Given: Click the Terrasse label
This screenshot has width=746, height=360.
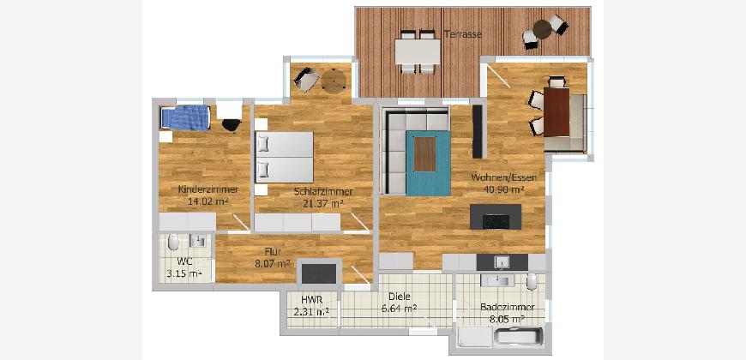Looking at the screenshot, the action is click(463, 35).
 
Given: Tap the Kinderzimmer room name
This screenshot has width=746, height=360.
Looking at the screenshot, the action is click(208, 189).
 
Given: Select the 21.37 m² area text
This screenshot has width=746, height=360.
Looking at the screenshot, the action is click(323, 203).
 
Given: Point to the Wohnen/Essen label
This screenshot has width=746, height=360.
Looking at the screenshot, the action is click(504, 178).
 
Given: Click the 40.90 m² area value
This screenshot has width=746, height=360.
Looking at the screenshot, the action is click(504, 189).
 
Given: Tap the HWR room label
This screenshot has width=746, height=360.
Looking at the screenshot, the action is click(312, 300).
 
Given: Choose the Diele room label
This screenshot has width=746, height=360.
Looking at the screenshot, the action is click(400, 297).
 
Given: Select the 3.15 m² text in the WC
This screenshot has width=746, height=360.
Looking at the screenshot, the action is click(183, 273).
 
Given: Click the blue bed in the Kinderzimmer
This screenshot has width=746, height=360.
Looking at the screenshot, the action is click(185, 117).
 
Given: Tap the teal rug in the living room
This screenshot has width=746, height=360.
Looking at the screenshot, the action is click(428, 163).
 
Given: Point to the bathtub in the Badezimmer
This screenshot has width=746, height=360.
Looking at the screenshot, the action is click(518, 339).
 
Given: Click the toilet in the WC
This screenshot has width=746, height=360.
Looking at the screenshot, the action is click(174, 243).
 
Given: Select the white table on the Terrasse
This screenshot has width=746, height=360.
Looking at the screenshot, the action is click(418, 51).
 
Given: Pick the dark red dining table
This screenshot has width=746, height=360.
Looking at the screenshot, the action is click(556, 112).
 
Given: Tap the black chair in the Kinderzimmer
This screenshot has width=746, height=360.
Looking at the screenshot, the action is click(232, 124).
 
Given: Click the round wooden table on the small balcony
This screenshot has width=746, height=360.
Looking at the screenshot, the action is click(334, 81).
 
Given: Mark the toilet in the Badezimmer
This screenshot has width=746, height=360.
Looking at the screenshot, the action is click(532, 282).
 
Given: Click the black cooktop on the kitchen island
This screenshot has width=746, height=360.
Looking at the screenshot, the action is click(496, 222).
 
